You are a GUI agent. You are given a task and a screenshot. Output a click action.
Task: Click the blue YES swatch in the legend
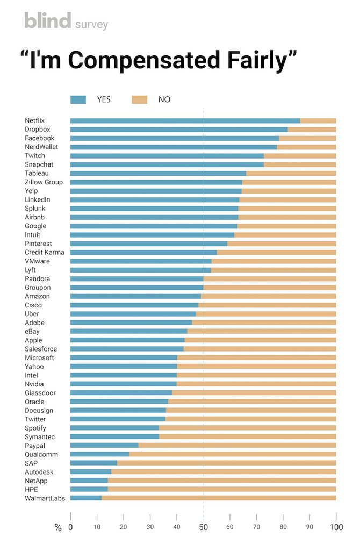tap(78, 99)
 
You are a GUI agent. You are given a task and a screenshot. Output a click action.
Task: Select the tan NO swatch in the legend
tap(140, 99)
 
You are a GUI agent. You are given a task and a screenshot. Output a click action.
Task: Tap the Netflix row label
tap(34, 120)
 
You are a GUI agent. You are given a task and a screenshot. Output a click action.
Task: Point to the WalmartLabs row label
tap(45, 498)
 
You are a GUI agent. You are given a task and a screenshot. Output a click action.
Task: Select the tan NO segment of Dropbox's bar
tap(312, 130)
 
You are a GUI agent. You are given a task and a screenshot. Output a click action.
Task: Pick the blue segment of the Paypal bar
tap(104, 446)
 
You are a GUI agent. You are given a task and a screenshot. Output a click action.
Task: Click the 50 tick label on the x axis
tap(203, 527)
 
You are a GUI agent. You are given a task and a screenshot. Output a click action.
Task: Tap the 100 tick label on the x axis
tap(336, 527)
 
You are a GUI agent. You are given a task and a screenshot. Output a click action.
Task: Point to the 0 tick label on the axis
tap(70, 527)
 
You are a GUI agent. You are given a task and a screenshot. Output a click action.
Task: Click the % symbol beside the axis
tap(58, 527)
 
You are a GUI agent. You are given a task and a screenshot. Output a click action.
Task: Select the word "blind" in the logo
tap(47, 21)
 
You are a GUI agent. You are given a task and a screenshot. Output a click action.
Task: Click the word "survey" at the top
tap(91, 24)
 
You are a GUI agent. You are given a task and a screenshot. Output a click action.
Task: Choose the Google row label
tap(35, 226)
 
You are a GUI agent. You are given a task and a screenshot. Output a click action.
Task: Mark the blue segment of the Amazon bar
tap(135, 296)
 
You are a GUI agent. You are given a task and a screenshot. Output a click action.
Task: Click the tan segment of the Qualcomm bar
tap(232, 454)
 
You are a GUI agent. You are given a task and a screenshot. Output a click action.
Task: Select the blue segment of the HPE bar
tap(89, 489)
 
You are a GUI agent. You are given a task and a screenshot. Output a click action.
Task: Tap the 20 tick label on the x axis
tap(123, 527)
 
